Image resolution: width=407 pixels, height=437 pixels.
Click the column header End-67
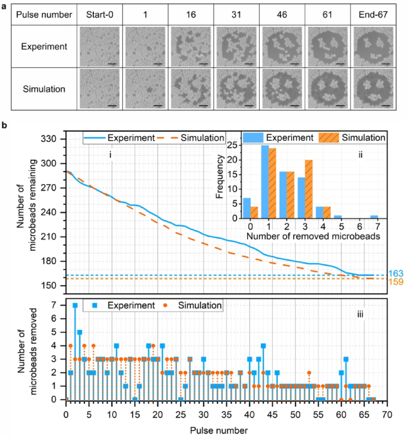coord(373,14)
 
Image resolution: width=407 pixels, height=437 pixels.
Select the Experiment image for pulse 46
coord(282,46)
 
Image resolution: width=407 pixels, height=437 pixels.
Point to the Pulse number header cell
coord(43,14)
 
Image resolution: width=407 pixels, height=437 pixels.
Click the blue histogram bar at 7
coord(373,218)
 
